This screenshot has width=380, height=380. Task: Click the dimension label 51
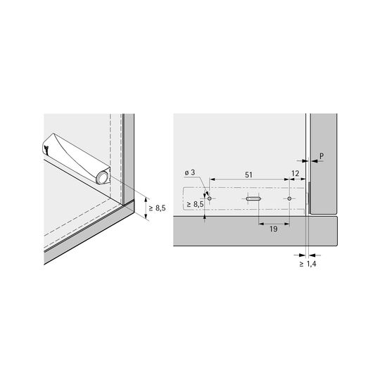click(x=248, y=175)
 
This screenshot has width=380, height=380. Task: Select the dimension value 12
click(x=295, y=174)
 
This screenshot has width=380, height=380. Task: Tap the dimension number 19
click(x=273, y=229)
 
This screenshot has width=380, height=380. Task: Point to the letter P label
click(x=322, y=156)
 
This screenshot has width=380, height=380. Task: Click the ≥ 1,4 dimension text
click(x=308, y=264)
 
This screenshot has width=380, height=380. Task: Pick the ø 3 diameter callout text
click(x=190, y=172)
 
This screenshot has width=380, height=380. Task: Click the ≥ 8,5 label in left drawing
click(x=158, y=208)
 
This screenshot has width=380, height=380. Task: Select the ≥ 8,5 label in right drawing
click(x=196, y=205)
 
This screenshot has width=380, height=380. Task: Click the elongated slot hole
click(x=253, y=198)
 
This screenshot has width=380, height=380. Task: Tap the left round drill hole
click(x=210, y=198)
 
